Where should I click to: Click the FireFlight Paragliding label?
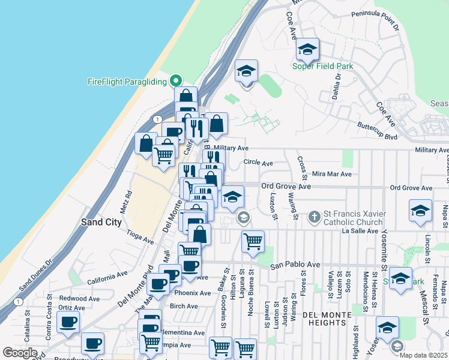[x=127, y=82]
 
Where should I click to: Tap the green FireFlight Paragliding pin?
[x=176, y=80]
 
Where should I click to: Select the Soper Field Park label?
[x=322, y=66]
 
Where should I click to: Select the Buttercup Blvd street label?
[x=378, y=137]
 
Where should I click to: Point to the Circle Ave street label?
[x=258, y=163]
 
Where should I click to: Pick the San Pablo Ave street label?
[x=295, y=265]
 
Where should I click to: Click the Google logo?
[x=20, y=353]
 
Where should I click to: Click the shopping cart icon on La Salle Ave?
[x=253, y=241]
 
